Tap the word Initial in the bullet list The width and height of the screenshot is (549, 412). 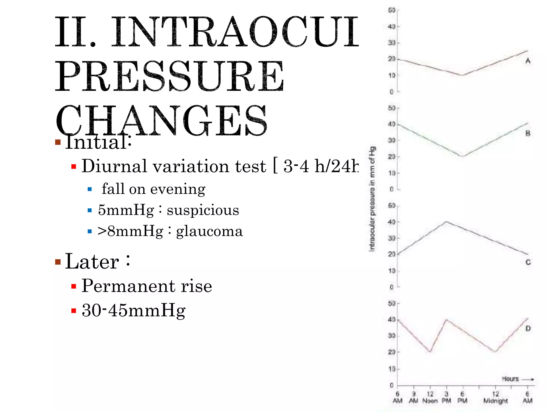[98, 142]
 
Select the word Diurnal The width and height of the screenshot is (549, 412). [114, 166]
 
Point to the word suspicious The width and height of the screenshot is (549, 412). [203, 210]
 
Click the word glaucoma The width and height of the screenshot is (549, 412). [209, 231]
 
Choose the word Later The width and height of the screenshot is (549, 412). [92, 261]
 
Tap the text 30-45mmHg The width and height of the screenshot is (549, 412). [133, 310]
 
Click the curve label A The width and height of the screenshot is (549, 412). [528, 61]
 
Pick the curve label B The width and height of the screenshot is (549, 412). [528, 133]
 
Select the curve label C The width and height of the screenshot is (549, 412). [528, 262]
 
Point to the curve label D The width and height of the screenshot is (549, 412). [528, 328]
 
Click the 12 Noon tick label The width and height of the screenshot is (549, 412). [430, 397]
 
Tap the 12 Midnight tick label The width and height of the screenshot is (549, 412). [495, 397]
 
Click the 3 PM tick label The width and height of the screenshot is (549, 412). [446, 397]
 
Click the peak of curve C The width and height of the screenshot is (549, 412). [446, 222]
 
